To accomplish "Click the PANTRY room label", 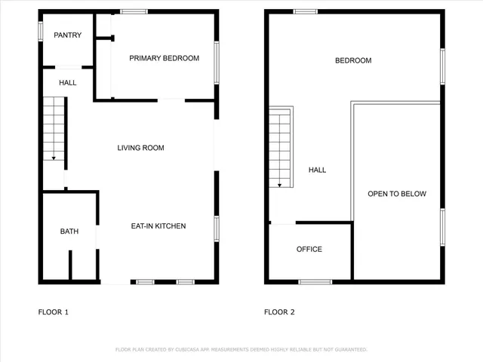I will [68, 35].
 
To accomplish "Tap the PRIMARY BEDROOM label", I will [164, 58].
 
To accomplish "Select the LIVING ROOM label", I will [140, 148].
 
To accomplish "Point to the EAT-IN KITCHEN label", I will [158, 226].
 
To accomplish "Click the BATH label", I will [69, 232].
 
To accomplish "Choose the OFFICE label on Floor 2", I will [309, 249].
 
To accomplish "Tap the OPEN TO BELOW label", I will [397, 194].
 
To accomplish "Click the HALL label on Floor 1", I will [67, 82].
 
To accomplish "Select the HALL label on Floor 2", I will [318, 170].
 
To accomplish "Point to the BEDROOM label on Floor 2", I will [353, 60].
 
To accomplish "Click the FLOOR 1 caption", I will [54, 311].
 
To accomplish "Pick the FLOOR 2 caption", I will [279, 311].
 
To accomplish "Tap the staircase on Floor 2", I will [280, 149].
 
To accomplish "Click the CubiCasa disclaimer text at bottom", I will [241, 350].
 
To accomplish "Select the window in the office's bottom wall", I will [315, 282].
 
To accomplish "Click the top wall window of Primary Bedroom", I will [134, 11].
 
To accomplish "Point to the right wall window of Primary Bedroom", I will [217, 63].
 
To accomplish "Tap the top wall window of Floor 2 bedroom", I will [305, 11].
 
